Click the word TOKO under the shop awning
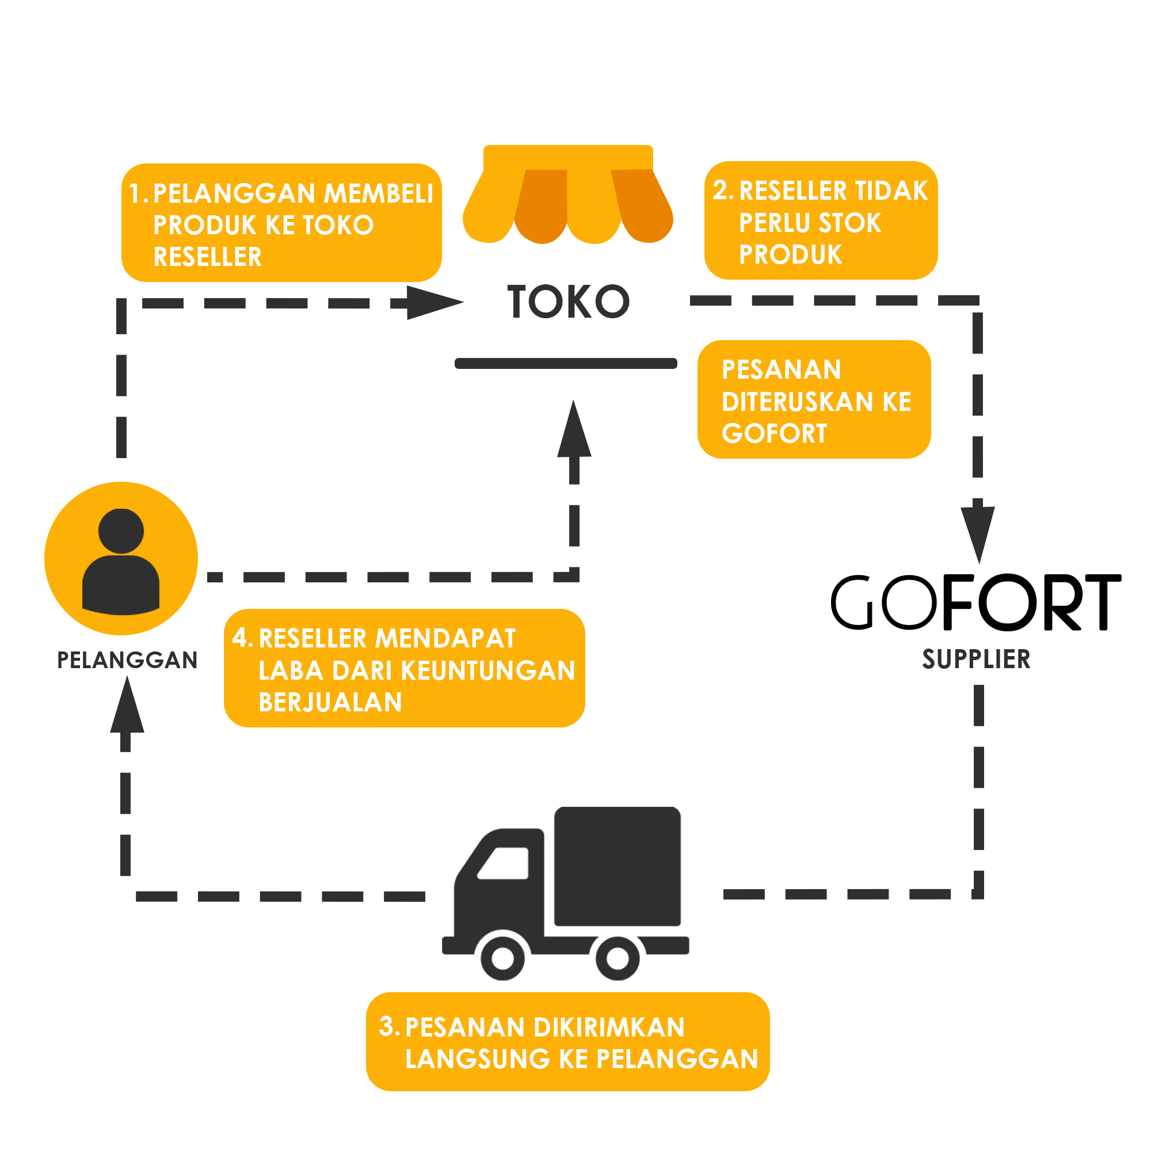568,302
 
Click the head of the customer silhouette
121,531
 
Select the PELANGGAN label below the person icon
127,660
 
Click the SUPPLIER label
976,659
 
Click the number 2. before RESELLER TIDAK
723,190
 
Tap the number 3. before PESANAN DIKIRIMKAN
389,1027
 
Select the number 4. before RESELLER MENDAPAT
242,638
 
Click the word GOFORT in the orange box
775,433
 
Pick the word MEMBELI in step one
378,193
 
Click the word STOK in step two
849,223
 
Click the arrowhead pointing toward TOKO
438,302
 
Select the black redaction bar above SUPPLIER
976,602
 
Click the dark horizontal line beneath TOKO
565,363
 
